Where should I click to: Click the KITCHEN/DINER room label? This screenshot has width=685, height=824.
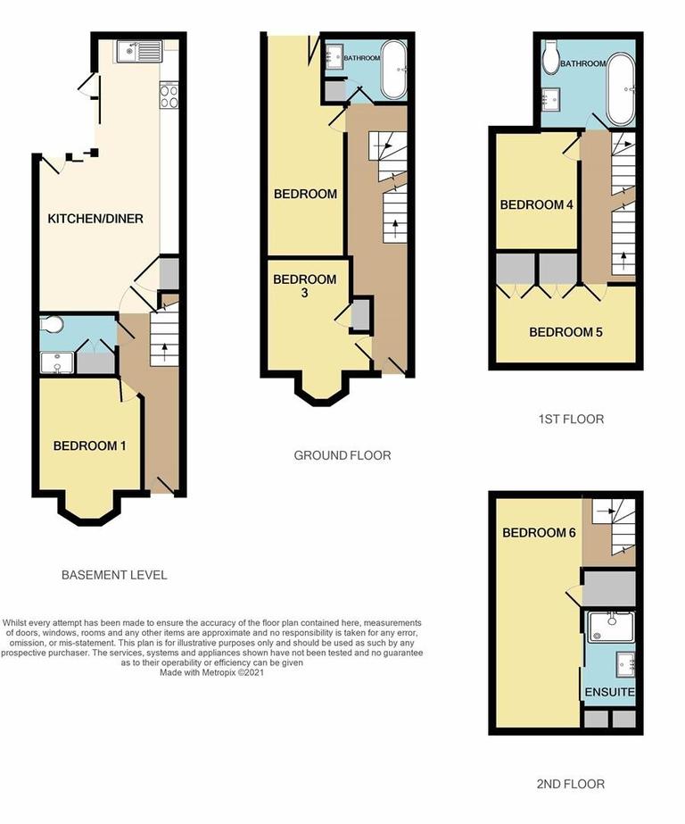click(95, 218)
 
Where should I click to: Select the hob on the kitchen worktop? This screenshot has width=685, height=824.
click(169, 95)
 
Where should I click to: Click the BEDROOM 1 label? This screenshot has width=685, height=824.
click(88, 445)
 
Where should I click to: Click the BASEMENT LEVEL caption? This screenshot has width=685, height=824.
click(114, 575)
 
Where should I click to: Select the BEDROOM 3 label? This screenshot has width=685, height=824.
click(305, 286)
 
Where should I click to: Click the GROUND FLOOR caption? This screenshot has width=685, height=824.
click(342, 455)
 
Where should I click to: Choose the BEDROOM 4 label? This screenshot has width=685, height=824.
click(536, 204)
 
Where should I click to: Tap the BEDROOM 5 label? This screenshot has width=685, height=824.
click(565, 332)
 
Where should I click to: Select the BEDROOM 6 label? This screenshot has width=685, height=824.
click(539, 533)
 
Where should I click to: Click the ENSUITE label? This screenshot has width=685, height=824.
click(609, 692)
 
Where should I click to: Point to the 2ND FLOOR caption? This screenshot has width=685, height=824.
click(570, 784)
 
